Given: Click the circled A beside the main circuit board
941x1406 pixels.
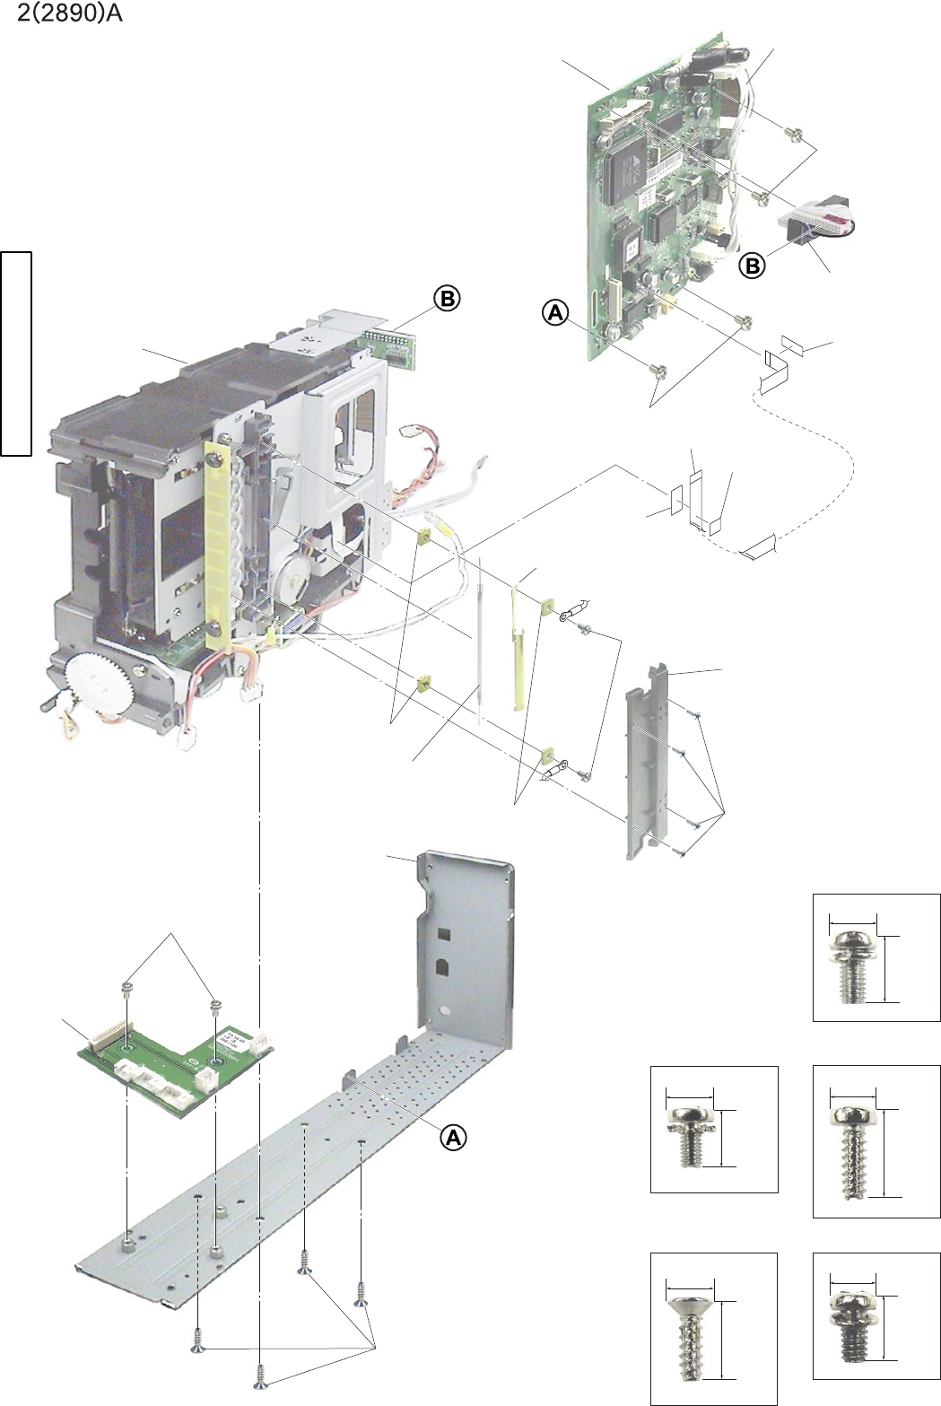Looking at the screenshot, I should [x=555, y=312].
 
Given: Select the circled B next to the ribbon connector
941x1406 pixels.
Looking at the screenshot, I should [x=753, y=266].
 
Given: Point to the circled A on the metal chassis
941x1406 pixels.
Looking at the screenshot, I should [x=454, y=1137].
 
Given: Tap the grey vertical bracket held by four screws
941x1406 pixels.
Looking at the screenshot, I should [x=648, y=763].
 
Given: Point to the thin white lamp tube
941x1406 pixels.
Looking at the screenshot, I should [x=481, y=637].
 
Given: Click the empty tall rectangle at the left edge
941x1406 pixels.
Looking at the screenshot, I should [x=16, y=354].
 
